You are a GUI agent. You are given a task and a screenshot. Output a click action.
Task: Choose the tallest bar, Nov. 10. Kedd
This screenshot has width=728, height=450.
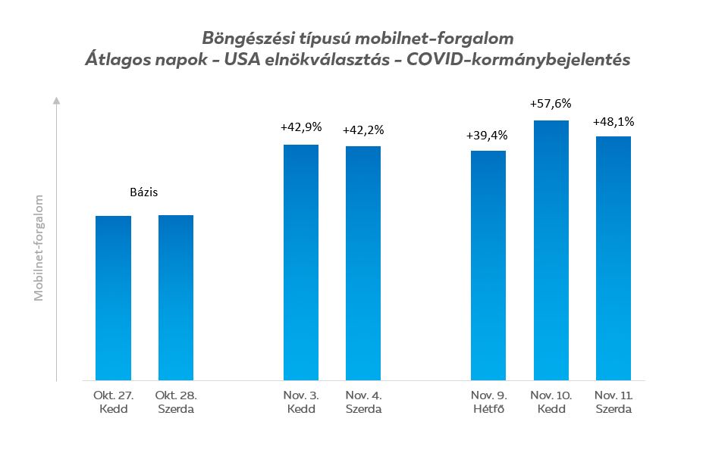click(x=551, y=249)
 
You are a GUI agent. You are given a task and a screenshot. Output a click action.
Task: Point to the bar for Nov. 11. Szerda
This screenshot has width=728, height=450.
click(x=613, y=258)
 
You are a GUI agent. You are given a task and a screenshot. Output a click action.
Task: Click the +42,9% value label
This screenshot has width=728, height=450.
click(x=301, y=128)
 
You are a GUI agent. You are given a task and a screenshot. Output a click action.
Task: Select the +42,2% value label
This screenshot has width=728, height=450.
click(x=363, y=130)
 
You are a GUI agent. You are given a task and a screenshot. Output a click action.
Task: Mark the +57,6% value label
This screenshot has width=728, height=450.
click(x=551, y=104)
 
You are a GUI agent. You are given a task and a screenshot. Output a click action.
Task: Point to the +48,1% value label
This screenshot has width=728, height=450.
click(x=613, y=120)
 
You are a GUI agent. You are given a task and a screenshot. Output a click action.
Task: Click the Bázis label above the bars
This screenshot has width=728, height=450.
click(x=143, y=193)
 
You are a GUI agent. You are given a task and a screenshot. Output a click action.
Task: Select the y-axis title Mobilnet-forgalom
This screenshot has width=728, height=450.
click(x=39, y=248)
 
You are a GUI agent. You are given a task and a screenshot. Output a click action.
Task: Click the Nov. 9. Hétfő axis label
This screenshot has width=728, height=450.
click(x=488, y=402)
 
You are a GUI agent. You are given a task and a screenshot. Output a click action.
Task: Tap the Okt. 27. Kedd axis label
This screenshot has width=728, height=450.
click(x=113, y=402)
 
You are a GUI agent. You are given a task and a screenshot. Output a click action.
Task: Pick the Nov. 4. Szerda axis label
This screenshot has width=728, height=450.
click(x=362, y=402)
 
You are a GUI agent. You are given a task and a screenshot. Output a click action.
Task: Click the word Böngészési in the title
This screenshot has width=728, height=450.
click(x=241, y=38)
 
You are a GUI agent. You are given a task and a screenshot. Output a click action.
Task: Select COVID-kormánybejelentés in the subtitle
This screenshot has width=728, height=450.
click(x=519, y=61)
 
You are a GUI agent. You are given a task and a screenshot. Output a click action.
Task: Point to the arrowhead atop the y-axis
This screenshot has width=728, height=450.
click(x=57, y=99)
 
